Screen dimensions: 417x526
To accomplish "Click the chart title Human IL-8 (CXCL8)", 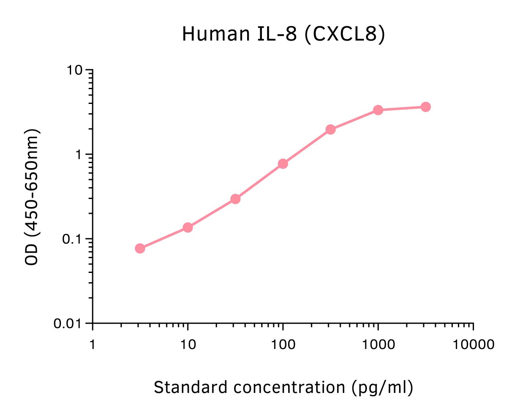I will [x=284, y=34].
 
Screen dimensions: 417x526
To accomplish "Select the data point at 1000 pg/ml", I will [x=378, y=110].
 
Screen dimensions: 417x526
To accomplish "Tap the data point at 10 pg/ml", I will [x=188, y=228].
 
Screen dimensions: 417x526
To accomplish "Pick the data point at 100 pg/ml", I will [x=283, y=164].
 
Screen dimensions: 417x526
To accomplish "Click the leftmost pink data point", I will [x=140, y=248].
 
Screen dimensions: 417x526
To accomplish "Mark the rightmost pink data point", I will [x=426, y=107].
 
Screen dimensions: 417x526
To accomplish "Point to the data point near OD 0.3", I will [x=235, y=199].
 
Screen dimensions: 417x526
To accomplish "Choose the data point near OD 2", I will [x=330, y=129].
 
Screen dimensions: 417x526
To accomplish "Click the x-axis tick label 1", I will [x=92, y=345].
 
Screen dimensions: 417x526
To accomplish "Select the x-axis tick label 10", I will [x=188, y=345].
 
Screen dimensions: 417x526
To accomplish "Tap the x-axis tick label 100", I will [x=283, y=345].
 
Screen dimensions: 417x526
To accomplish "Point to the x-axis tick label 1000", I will [x=378, y=345].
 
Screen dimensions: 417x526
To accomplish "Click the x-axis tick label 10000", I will [x=473, y=345].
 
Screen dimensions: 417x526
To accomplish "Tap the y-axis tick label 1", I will [x=78, y=155].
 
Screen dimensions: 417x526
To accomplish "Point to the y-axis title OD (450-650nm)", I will [x=32, y=197].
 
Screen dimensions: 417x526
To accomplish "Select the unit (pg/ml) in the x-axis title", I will [x=382, y=387].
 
